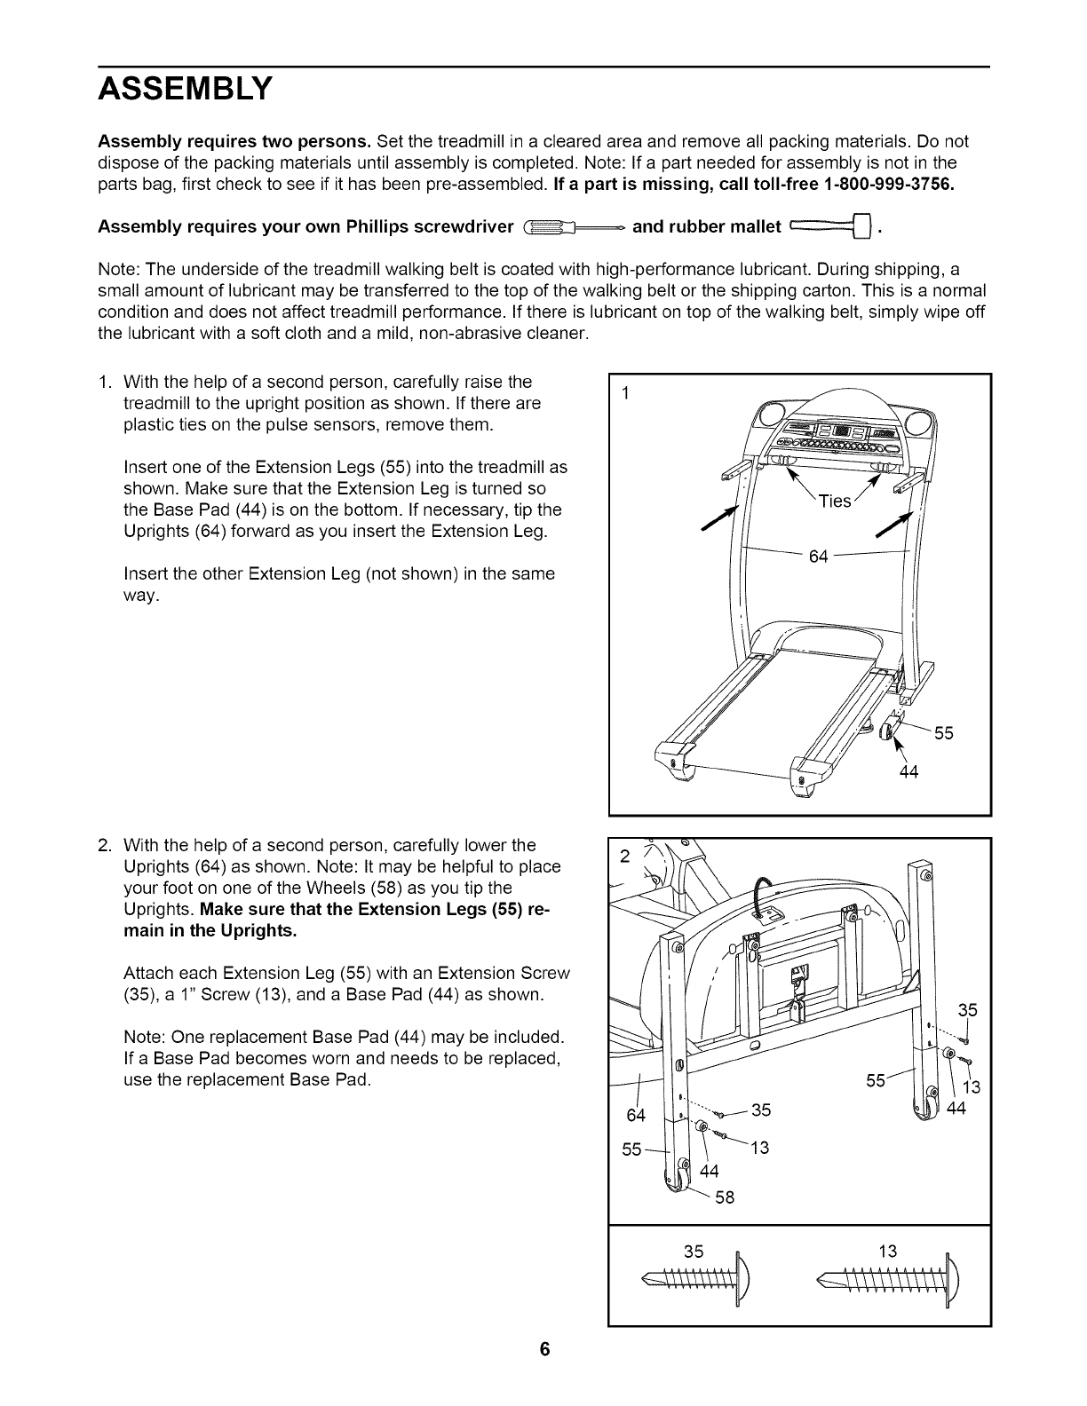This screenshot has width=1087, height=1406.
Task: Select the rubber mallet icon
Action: [x=828, y=227]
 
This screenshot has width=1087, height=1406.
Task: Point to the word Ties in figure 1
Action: [x=835, y=502]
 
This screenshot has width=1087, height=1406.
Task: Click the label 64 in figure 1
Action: [x=818, y=557]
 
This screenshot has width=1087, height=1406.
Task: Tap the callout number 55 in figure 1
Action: [x=943, y=733]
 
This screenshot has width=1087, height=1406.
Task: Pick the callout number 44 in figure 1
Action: [x=908, y=772]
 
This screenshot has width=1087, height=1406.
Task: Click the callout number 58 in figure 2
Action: [x=725, y=1197]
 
